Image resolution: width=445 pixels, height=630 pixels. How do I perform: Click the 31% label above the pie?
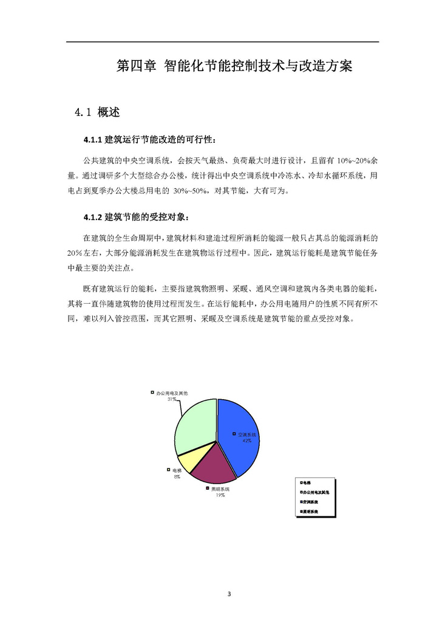tap(172, 400)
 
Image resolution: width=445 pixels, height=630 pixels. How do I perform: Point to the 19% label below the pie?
tap(220, 496)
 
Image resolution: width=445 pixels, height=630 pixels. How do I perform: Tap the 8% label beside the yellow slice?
tap(177, 477)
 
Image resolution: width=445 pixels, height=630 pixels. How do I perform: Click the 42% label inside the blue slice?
tap(247, 441)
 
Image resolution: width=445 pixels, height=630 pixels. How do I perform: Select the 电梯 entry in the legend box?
tap(307, 482)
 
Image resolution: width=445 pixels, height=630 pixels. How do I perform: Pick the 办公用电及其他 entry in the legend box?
tap(316, 492)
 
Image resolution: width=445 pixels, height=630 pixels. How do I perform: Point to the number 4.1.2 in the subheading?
tap(93, 217)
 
